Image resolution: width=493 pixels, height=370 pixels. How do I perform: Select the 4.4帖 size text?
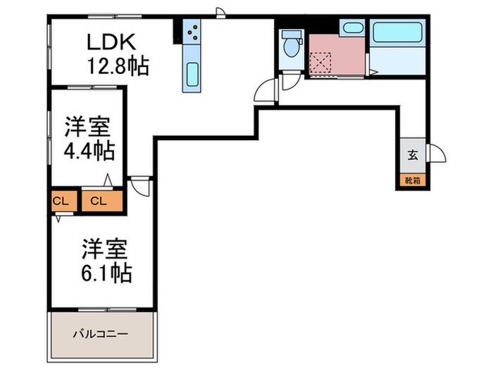[x=88, y=152]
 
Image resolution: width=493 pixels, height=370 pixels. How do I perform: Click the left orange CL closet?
[x=61, y=201]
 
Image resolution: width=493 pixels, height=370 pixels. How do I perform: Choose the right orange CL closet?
[x=99, y=201]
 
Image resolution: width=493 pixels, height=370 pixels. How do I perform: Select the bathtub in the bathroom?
[x=395, y=34]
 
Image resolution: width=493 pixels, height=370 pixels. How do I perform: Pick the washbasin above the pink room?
[x=350, y=28]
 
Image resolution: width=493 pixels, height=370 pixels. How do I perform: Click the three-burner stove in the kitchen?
[x=192, y=32]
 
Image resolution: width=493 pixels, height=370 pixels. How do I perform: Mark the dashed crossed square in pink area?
[x=323, y=63]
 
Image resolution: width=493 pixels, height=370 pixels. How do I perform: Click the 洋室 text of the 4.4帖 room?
[x=87, y=127]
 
